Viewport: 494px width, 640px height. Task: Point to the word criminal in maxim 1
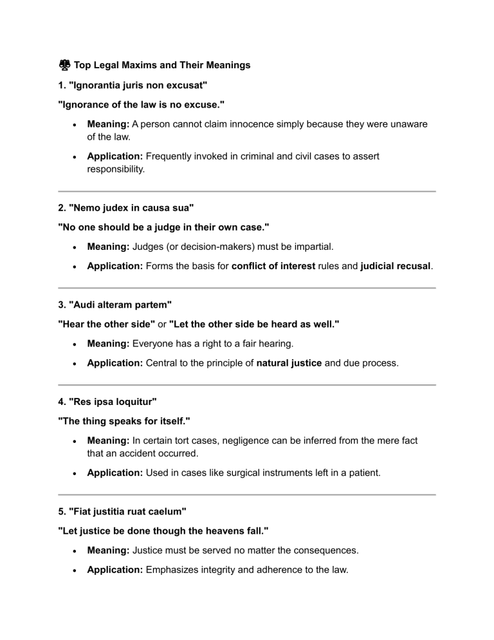coord(264,155)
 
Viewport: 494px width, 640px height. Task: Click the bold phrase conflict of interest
coord(273,266)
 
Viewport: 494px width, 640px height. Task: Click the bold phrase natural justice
coord(289,362)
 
